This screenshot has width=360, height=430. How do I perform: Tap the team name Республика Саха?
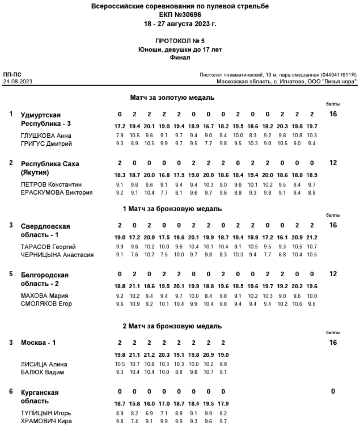coord(50,164)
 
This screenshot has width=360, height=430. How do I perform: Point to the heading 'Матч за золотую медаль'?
coord(172,97)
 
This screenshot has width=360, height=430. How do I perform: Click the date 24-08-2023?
coord(18,81)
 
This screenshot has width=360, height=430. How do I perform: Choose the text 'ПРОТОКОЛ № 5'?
coord(180,41)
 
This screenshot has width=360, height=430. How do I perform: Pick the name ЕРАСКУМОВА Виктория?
coord(56,193)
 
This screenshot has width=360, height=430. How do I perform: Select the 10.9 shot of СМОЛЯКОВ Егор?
coord(134,304)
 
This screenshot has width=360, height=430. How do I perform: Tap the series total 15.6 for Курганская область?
coord(134,404)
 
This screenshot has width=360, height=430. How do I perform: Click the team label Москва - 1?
coord(38,343)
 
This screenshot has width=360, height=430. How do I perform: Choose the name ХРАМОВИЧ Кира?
coord(46,421)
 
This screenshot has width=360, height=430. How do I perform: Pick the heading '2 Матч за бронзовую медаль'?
coord(172,326)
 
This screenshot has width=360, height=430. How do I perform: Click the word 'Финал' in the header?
coord(180,58)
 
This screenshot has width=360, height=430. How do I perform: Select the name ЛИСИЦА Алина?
coord(44,364)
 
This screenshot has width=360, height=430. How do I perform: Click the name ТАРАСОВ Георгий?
coord(48,247)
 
